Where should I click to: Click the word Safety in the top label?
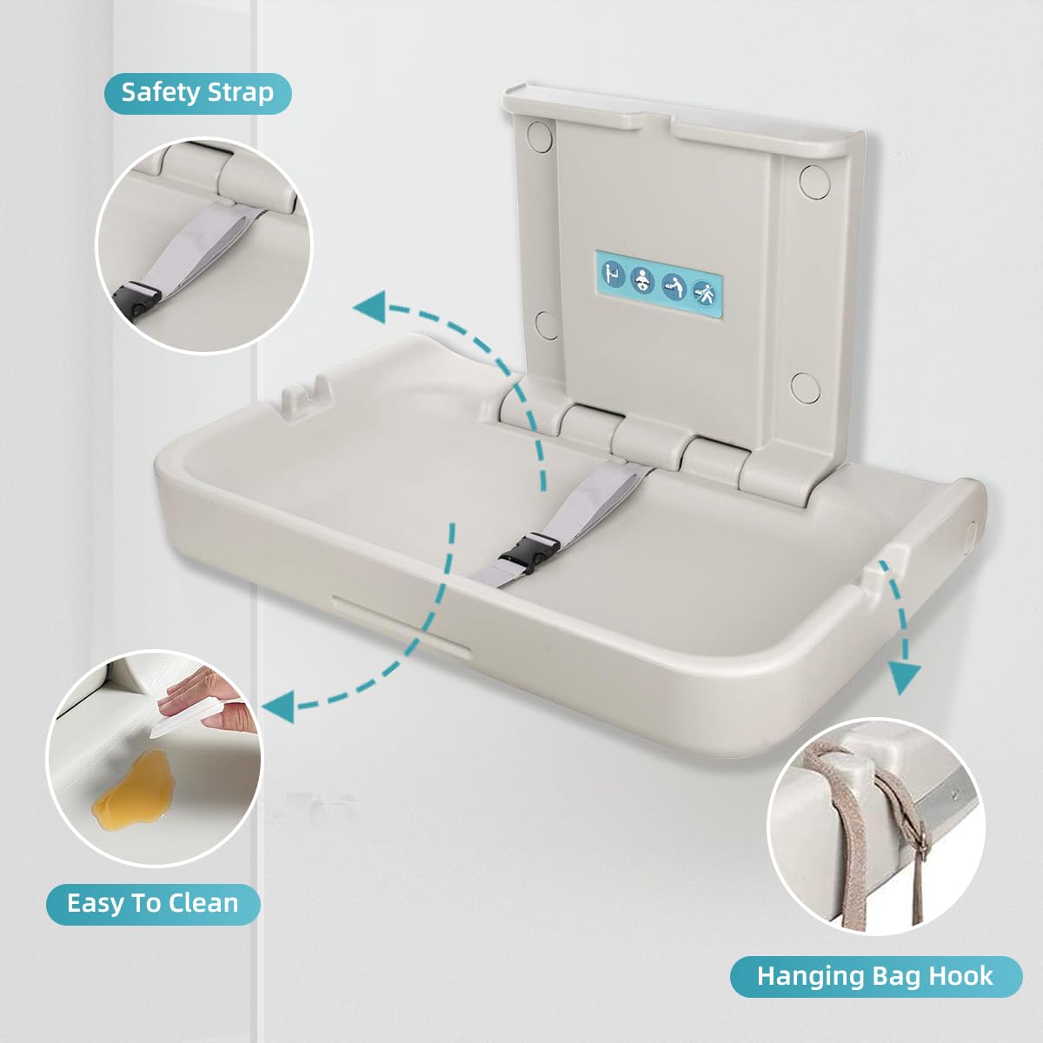coord(160,92)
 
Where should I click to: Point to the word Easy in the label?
coord(96,903)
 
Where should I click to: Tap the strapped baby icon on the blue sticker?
coord(642,281)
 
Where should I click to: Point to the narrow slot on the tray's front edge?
coord(400,620)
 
